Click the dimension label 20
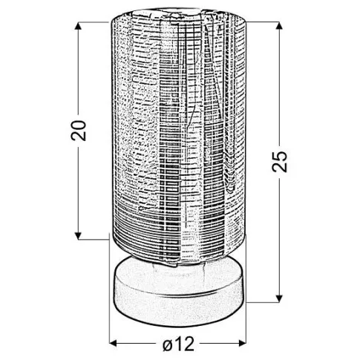pyautogui.click(x=79, y=131)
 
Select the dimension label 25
pyautogui.click(x=279, y=162)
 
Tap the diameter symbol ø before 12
pyautogui.click(x=168, y=344)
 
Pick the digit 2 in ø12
pyautogui.click(x=189, y=343)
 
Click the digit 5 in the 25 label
pyautogui.click(x=280, y=156)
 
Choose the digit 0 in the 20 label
pyautogui.click(x=79, y=125)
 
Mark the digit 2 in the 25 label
pyautogui.click(x=279, y=167)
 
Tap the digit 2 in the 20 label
pyautogui.click(x=79, y=137)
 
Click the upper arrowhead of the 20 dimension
pyautogui.click(x=78, y=26)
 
